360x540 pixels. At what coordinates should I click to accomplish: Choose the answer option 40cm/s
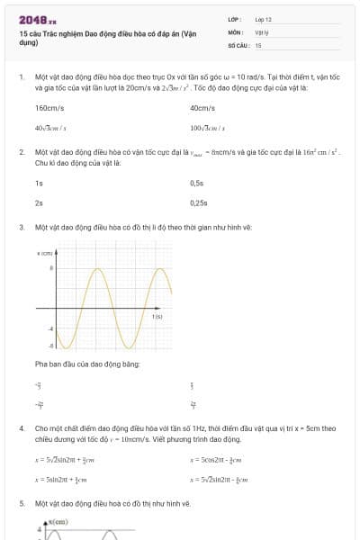pyautogui.click(x=202, y=108)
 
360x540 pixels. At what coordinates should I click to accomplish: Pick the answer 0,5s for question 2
pyautogui.click(x=197, y=183)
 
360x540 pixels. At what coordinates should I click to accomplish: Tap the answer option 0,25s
pyautogui.click(x=199, y=202)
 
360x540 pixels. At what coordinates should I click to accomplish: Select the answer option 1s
pyautogui.click(x=39, y=183)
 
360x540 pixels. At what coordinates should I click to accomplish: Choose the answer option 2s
pyautogui.click(x=39, y=202)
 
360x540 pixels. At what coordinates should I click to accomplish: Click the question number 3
pyautogui.click(x=22, y=227)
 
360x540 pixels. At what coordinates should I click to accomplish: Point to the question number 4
pyautogui.click(x=22, y=428)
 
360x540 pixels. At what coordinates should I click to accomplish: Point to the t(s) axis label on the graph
pyautogui.click(x=157, y=317)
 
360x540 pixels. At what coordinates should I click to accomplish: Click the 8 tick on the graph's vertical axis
pyautogui.click(x=51, y=268)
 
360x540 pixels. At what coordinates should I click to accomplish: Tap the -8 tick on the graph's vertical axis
pyautogui.click(x=51, y=345)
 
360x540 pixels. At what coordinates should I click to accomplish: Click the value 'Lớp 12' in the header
pyautogui.click(x=263, y=19)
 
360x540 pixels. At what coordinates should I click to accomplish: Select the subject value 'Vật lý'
pyautogui.click(x=262, y=31)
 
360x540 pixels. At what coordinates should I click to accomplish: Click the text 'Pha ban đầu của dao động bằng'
pyautogui.click(x=86, y=364)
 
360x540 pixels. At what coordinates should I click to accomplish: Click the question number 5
pyautogui.click(x=22, y=503)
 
